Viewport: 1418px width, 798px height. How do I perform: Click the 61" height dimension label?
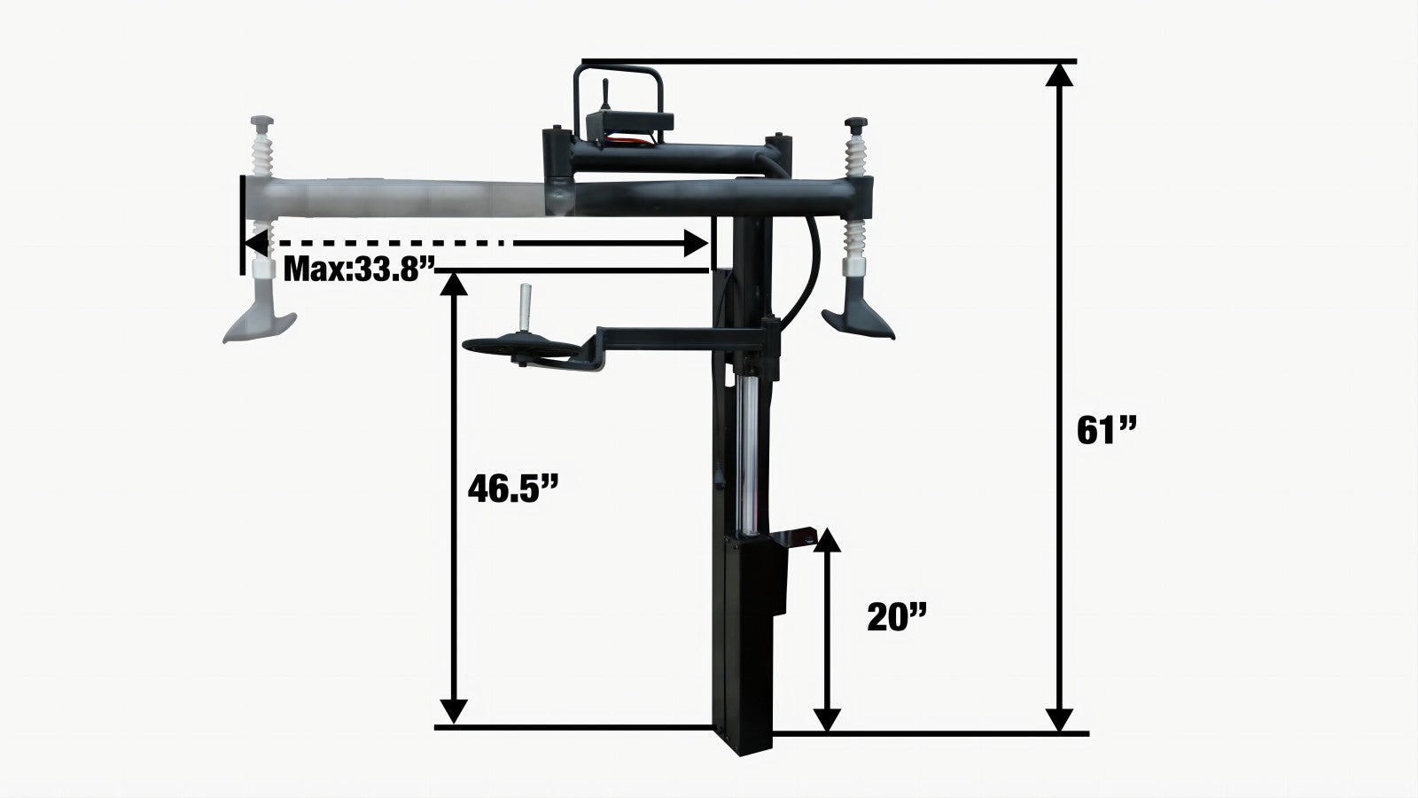[1107, 431]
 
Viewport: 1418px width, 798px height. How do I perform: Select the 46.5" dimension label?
[513, 489]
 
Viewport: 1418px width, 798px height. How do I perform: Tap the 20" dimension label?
[896, 616]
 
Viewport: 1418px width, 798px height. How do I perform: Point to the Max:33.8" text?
[359, 270]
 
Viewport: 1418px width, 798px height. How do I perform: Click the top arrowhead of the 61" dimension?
[1059, 74]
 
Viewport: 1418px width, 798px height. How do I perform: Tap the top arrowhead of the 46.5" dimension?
[453, 285]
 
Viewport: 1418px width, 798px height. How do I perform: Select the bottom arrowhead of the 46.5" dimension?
[453, 711]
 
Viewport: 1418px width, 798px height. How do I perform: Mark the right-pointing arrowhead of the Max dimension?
[697, 243]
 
